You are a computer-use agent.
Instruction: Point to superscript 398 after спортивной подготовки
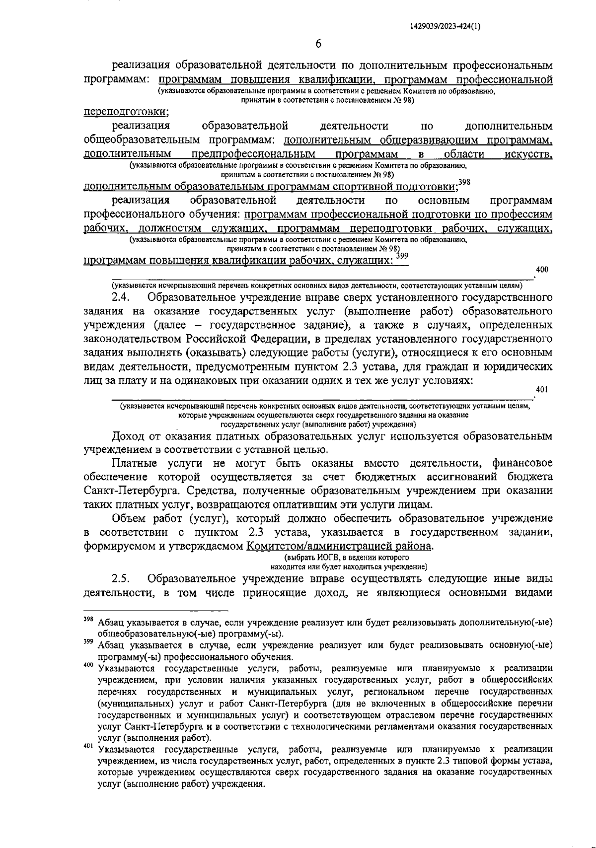[464, 182]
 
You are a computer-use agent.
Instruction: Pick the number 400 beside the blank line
[542, 269]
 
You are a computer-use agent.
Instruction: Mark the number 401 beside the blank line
[542, 390]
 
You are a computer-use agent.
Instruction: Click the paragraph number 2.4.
[121, 297]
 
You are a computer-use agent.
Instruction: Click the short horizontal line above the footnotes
[155, 610]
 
